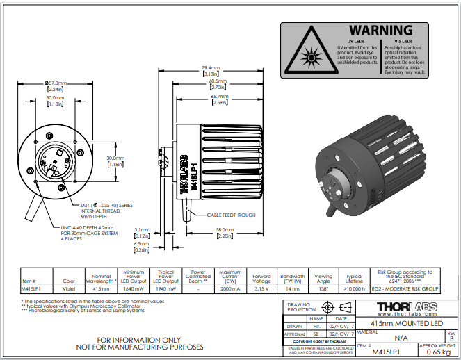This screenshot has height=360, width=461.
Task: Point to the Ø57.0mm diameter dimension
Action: [x=56, y=83]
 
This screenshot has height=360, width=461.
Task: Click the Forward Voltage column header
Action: [x=261, y=279]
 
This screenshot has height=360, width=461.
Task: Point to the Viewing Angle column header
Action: [x=323, y=279]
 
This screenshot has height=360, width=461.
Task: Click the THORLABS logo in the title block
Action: [x=407, y=306]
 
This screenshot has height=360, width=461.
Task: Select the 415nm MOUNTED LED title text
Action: [x=407, y=323]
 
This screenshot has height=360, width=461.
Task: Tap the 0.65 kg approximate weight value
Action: [x=438, y=352]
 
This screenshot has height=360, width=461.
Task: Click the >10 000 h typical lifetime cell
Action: [x=355, y=287]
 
